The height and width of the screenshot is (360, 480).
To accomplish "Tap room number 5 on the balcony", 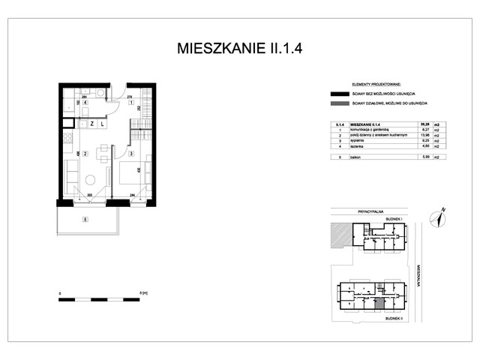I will [85, 220].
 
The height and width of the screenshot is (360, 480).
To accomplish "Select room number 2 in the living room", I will [85, 154].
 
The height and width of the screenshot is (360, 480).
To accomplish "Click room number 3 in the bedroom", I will [130, 154].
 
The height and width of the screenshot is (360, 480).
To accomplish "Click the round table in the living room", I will [89, 180].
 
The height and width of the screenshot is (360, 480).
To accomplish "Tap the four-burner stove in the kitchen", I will [66, 138].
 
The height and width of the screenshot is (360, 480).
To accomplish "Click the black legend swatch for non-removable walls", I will [336, 94].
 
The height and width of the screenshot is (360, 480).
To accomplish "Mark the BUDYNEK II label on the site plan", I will [395, 317].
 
